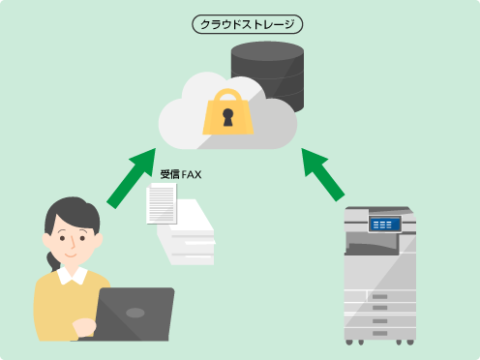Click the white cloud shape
pyautogui.click(x=184, y=121)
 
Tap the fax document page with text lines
pyautogui.click(x=162, y=204)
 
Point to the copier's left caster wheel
pyautogui.click(x=349, y=340)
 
